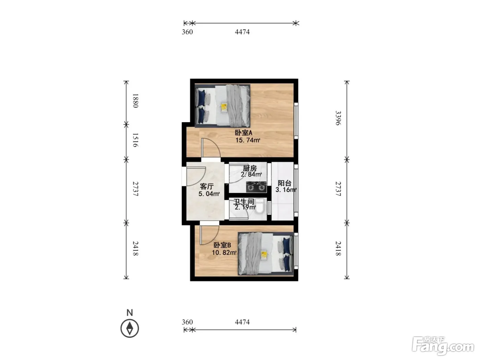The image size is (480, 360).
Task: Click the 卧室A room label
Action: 243,132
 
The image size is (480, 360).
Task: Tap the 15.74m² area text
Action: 248,140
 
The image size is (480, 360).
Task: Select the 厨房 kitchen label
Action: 250,168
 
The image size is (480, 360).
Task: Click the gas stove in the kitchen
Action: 256,187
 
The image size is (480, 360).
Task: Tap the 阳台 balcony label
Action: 285,183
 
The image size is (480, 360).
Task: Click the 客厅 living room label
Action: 207,187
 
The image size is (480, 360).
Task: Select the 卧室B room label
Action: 222,245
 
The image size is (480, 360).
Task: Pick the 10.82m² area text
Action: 224,253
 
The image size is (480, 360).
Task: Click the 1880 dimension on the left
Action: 135,101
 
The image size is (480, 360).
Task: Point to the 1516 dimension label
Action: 135,140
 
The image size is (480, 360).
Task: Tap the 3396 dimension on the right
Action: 338,118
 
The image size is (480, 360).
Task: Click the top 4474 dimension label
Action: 242,32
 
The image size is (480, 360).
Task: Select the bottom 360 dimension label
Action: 187,322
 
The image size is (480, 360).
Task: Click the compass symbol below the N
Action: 130,328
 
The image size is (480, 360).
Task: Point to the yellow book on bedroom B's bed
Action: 264,255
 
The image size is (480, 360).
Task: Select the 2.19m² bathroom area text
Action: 245,207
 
